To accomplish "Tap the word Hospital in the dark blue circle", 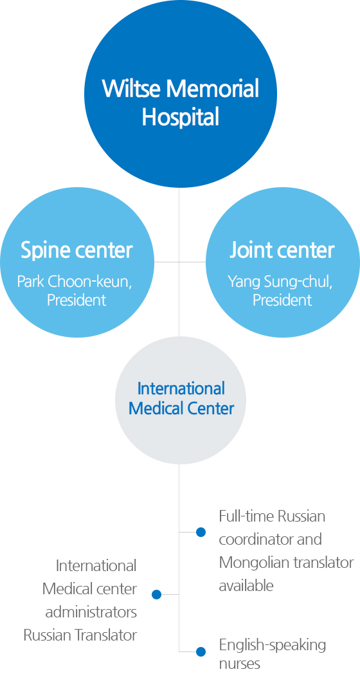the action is click(180, 117).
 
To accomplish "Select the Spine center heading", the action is click(76, 250).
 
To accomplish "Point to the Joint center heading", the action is click(282, 250).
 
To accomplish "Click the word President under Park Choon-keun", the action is click(76, 300).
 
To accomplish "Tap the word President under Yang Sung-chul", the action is click(282, 300).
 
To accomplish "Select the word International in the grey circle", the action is click(181, 388).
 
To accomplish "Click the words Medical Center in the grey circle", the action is click(181, 408).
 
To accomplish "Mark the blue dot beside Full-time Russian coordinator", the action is click(201, 532).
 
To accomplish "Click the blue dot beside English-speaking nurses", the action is click(201, 651).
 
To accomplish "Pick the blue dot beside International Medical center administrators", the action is click(157, 595).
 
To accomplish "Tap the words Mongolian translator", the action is click(286, 563).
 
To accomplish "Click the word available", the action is click(246, 586).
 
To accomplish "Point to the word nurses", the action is click(239, 664).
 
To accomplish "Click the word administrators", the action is click(91, 612).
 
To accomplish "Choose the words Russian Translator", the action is click(80, 635).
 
